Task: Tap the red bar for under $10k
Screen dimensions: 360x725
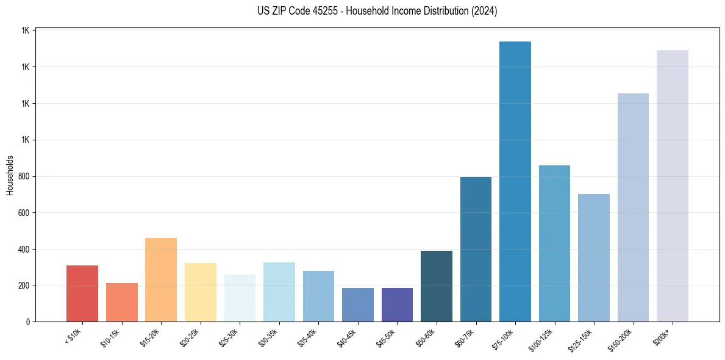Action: [x=82, y=293]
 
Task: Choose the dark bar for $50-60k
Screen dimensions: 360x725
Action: [x=437, y=286]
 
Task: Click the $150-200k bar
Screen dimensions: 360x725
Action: [x=633, y=207]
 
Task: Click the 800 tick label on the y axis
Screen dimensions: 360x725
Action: [x=24, y=176]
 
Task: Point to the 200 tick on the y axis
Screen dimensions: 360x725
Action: [x=24, y=286]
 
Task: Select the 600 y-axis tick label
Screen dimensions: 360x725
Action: [x=24, y=213]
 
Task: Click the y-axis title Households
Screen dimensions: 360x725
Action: [x=10, y=175]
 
